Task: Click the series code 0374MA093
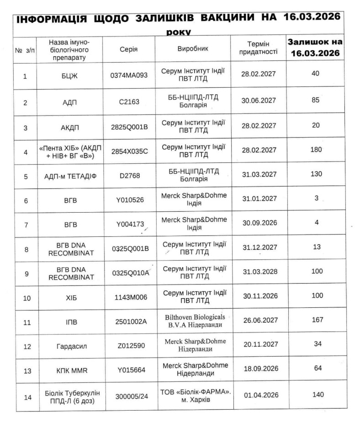pos(129,75)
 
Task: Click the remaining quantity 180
pos(315,150)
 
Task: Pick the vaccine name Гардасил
pos(70,346)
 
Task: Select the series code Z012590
pos(129,346)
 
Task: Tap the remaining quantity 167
pos(315,319)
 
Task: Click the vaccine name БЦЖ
pos(70,76)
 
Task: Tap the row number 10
pos(27,298)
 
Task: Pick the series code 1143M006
pos(129,297)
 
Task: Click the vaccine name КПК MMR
pos(70,370)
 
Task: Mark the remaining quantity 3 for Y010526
pos(315,198)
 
